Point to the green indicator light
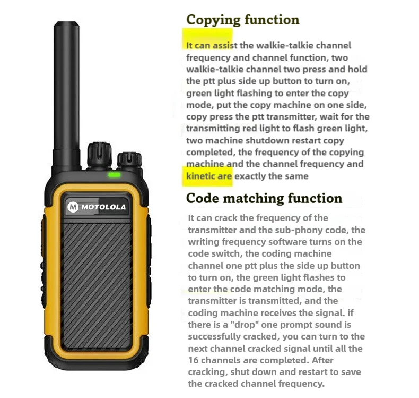pyautogui.click(x=114, y=174)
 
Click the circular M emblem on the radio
pyautogui.click(x=73, y=207)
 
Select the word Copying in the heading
pyautogui.click(x=213, y=20)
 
